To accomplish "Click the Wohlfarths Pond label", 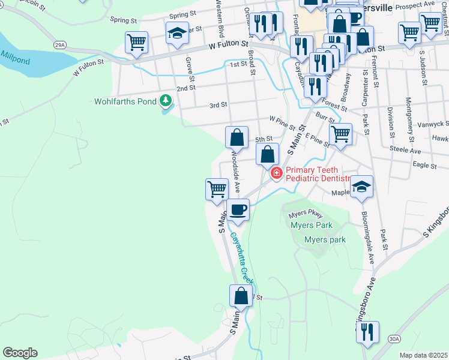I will tap(125, 101).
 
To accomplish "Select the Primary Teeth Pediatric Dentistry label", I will tap(318, 175).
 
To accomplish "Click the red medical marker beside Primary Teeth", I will tap(277, 173).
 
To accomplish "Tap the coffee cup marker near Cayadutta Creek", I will tap(238, 211).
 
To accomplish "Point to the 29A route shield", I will tap(59, 45).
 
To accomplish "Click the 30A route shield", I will tap(394, 339).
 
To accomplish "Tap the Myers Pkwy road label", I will tap(306, 214).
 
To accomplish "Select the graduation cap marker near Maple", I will tap(362, 187).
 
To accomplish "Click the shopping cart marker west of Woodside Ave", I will tap(217, 189).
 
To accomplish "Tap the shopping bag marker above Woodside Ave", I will tap(237, 137).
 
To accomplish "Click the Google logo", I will tap(20, 353).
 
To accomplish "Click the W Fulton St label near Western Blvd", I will tap(229, 44).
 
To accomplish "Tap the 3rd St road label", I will tap(218, 105).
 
